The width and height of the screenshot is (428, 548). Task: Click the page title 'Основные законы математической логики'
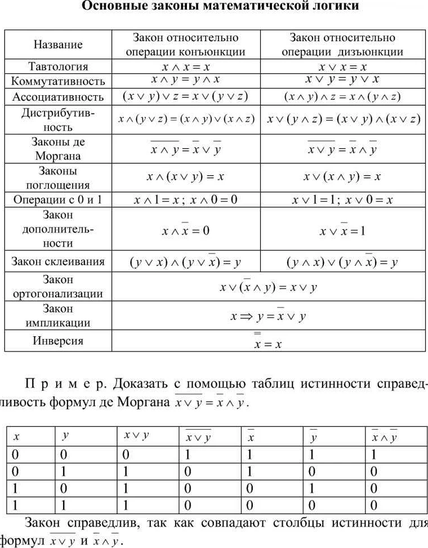pos(220,7)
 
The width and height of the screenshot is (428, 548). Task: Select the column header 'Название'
pos(58,44)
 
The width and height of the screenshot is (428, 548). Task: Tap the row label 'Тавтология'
pos(58,66)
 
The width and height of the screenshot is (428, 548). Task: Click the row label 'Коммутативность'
pos(58,81)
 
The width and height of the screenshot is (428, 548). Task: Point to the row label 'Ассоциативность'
pos(58,97)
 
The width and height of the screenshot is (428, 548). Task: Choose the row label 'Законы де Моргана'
pos(58,149)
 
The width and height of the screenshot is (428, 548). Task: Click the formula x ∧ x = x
pos(186,66)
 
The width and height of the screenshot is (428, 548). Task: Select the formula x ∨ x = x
pos(342,66)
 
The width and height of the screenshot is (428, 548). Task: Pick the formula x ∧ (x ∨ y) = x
pos(186,177)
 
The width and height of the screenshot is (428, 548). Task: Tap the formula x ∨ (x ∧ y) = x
pos(342,177)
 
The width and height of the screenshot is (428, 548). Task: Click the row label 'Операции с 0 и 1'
pos(58,200)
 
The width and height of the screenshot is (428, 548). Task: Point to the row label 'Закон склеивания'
pos(58,261)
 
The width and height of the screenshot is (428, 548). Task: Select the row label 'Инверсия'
pos(58,341)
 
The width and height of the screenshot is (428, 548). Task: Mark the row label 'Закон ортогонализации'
pos(58,286)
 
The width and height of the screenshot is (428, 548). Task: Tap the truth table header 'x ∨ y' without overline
pos(136,435)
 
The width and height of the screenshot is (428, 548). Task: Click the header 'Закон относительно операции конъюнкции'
pos(186,44)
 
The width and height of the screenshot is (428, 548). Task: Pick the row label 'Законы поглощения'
pos(58,177)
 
